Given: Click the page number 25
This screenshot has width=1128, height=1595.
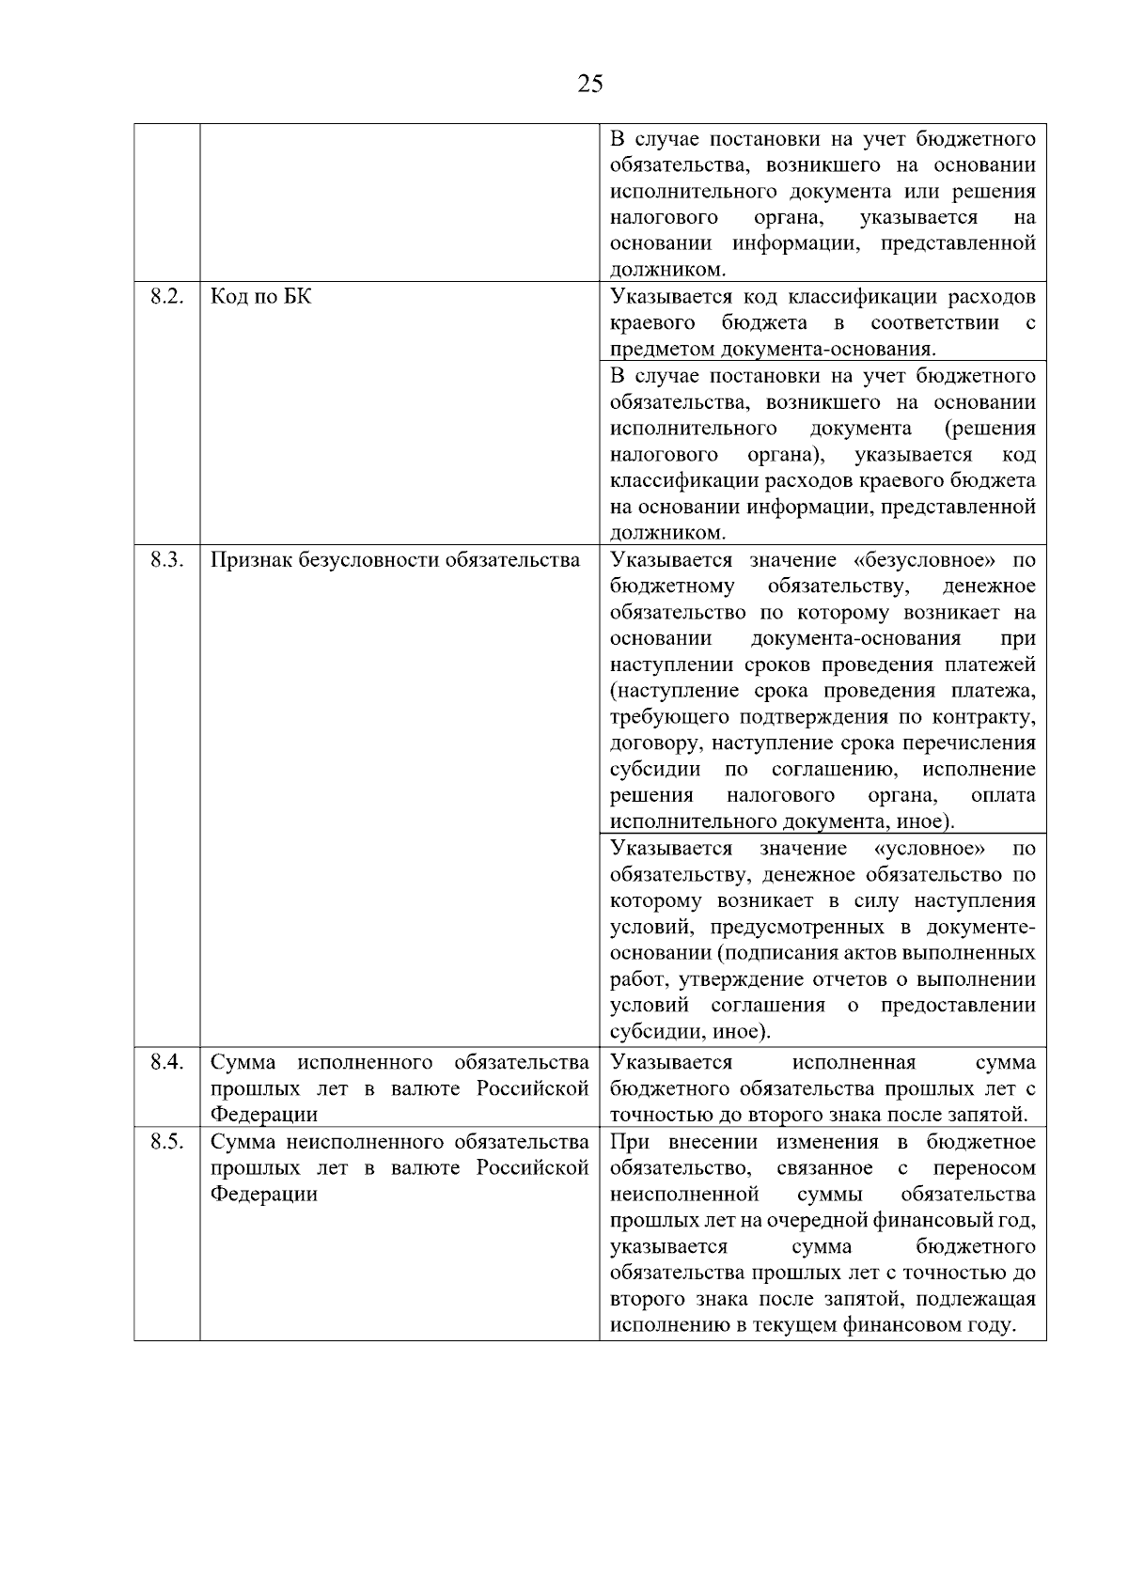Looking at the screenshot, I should (x=590, y=85).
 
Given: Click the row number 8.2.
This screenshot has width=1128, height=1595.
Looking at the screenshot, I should (x=165, y=297).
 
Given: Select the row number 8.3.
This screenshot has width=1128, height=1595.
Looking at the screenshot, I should (x=165, y=560).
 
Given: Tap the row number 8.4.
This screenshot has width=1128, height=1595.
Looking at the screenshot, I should (x=165, y=1062).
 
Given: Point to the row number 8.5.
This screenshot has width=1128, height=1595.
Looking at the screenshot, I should (x=165, y=1142).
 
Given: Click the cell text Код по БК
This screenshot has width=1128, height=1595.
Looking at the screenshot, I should (x=260, y=297).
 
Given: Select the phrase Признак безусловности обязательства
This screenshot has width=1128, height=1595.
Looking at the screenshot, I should (x=395, y=560).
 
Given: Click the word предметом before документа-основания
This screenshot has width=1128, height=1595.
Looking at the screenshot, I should (x=662, y=350).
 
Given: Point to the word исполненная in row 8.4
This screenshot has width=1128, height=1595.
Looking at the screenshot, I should (x=853, y=1062).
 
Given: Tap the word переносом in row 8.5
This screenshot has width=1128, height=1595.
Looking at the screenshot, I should (x=984, y=1168).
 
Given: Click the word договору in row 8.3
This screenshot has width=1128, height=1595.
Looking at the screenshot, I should (x=655, y=743).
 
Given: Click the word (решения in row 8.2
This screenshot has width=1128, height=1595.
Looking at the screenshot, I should (x=991, y=429).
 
